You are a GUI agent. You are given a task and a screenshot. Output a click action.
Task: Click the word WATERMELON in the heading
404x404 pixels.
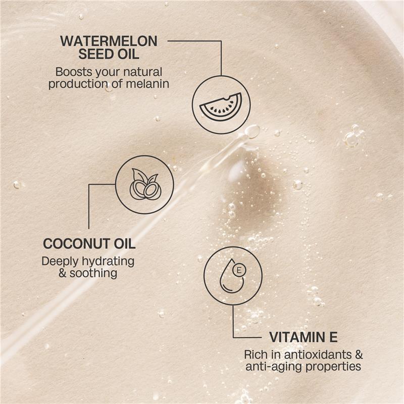coord(109,40)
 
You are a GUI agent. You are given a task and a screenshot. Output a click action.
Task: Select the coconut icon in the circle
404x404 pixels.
coord(144,185)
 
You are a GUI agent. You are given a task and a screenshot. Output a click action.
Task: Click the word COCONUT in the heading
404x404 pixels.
coord(72,243)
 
